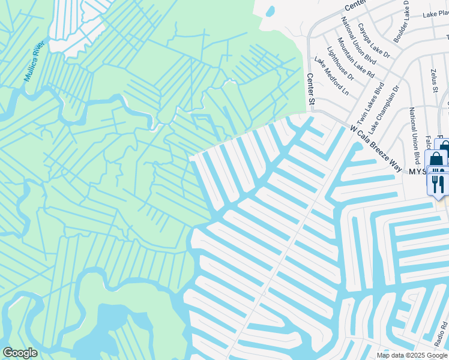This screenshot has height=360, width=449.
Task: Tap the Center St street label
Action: [311, 89]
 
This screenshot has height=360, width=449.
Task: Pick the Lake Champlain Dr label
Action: [384, 109]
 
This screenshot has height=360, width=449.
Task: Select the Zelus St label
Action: [433, 81]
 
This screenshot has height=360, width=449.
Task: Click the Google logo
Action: [20, 353]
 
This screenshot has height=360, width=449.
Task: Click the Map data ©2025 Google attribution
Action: [412, 355]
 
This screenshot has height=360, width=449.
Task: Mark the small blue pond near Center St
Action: [270, 11]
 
